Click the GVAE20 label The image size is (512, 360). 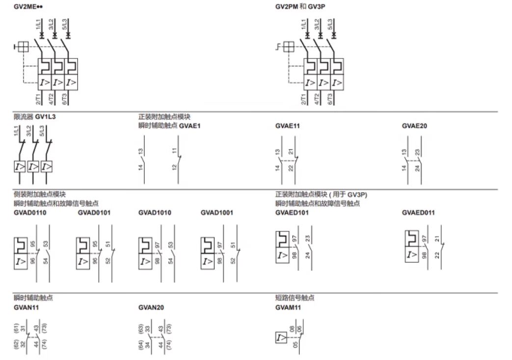tap(414, 126)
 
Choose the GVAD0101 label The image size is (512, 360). tap(94, 213)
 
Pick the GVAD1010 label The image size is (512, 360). tap(155, 213)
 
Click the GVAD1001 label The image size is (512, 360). tap(217, 213)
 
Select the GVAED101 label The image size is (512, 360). tap(292, 213)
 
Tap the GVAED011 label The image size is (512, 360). tap(418, 213)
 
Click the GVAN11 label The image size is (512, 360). tap(26, 308)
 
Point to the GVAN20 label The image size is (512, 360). tap(151, 308)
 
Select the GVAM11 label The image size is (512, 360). tap(288, 308)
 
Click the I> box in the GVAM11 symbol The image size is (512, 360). tap(281, 338)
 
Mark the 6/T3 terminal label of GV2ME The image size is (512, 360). tap(65, 99)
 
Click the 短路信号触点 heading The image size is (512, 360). tap(295, 298)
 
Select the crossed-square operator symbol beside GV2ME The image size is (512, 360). tap(23, 47)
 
